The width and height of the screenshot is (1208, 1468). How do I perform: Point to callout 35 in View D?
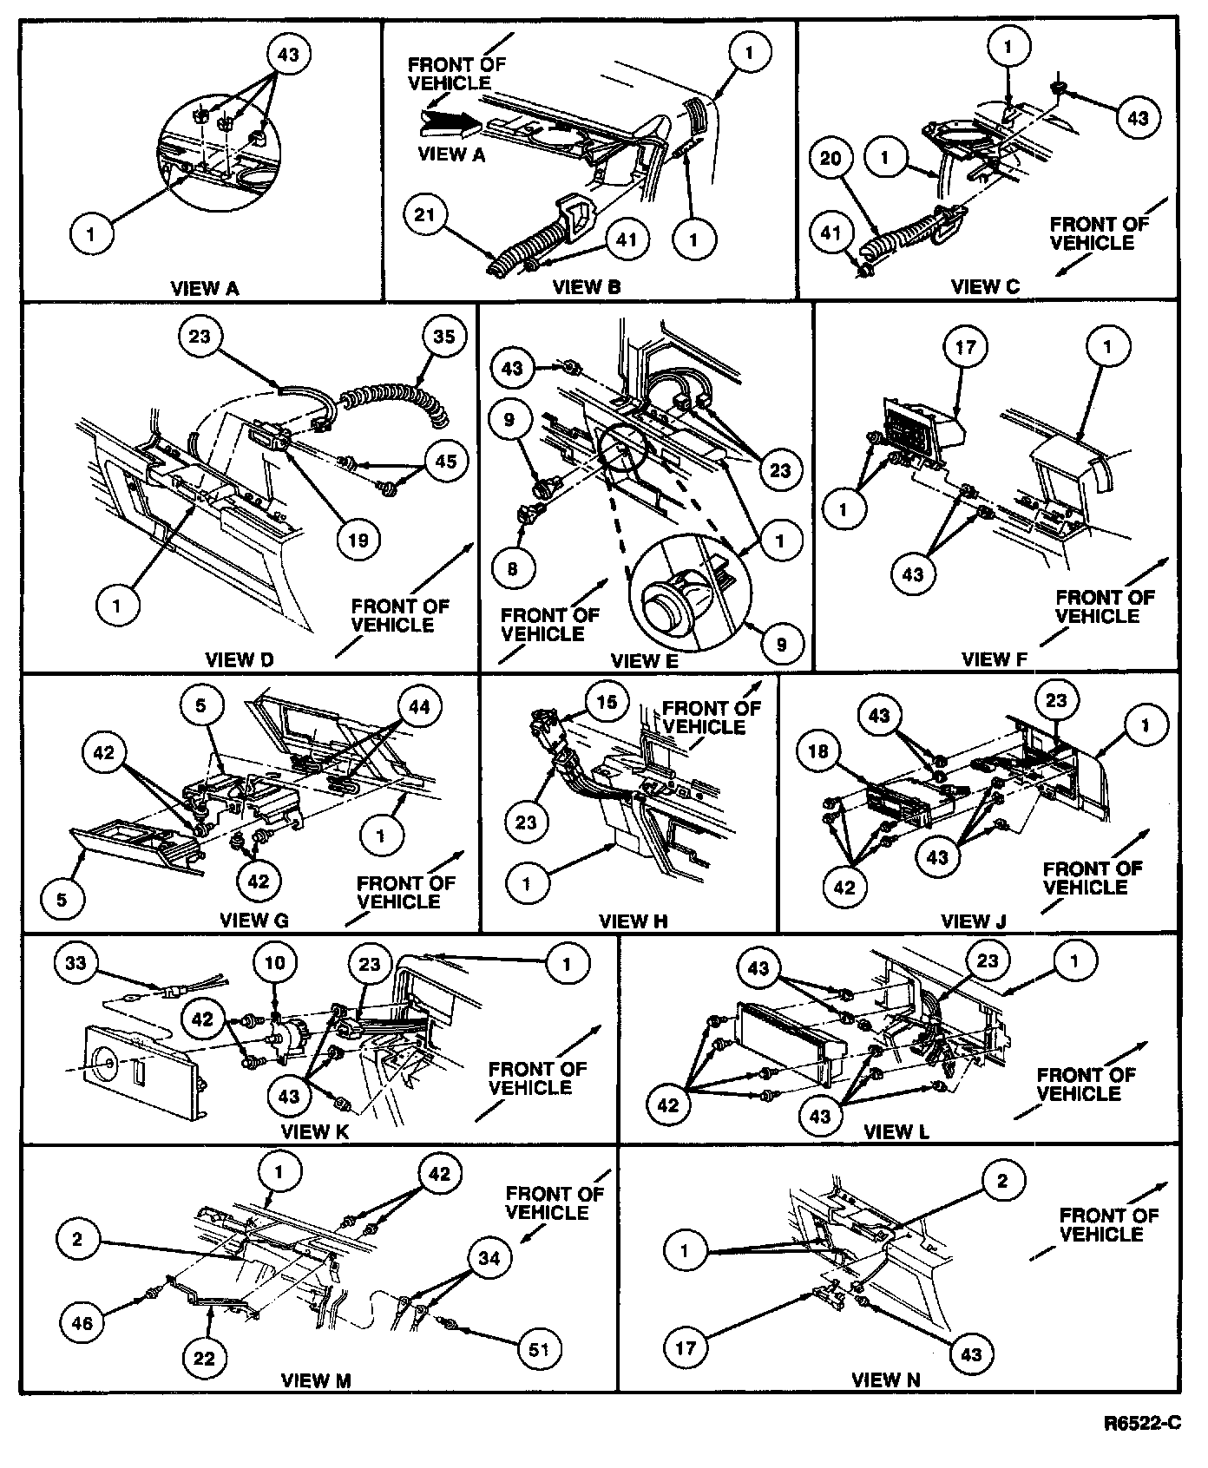pos(443,336)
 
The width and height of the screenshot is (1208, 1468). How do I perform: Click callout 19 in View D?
pos(358,541)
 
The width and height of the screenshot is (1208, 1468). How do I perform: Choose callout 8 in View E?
pos(512,568)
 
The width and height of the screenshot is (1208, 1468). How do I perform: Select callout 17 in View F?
pos(965,348)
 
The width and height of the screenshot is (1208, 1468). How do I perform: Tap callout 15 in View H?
pos(607,701)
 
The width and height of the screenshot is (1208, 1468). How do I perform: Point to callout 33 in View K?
pos(77,962)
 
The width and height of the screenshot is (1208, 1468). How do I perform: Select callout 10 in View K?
pos(275,962)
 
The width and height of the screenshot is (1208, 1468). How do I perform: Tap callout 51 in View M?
pos(539,1349)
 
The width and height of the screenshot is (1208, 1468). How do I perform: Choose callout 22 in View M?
pos(203,1358)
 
